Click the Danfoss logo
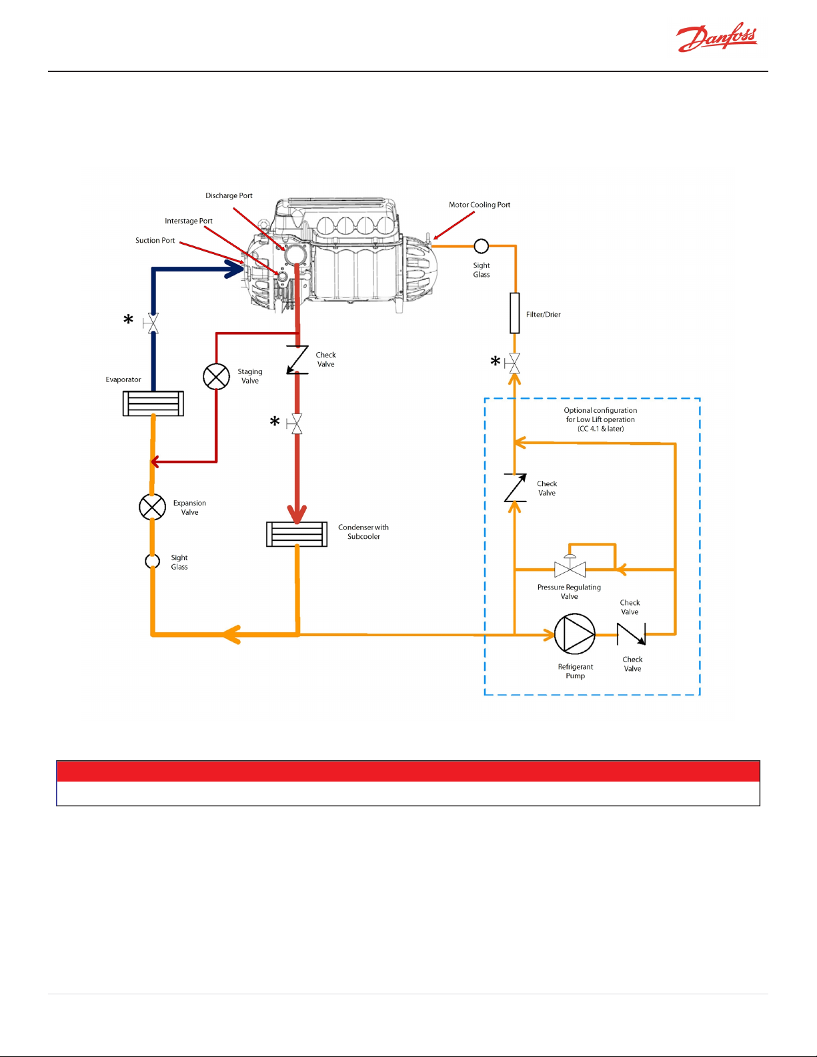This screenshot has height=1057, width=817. [716, 37]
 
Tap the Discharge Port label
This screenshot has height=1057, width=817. [229, 195]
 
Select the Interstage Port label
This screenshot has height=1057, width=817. [189, 221]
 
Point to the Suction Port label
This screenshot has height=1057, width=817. [155, 240]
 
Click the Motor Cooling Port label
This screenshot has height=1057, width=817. [480, 205]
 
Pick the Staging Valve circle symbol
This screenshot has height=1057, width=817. [216, 377]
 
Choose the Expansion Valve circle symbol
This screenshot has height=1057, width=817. [153, 507]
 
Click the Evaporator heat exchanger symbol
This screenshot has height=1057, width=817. [153, 403]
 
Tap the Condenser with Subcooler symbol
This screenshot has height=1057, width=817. [297, 534]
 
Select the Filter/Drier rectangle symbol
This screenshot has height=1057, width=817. [514, 313]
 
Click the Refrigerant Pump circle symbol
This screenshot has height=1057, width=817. [575, 634]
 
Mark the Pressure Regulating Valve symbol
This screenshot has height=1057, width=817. [570, 566]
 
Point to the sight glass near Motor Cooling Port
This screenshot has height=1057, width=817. [482, 246]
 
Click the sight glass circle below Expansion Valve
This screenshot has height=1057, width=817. [153, 562]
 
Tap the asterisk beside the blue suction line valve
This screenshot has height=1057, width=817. [128, 319]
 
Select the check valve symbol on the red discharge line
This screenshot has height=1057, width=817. [297, 359]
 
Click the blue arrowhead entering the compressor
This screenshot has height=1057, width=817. [234, 269]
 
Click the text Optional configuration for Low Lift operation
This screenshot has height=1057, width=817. [600, 415]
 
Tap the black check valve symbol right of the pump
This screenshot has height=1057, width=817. [631, 634]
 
